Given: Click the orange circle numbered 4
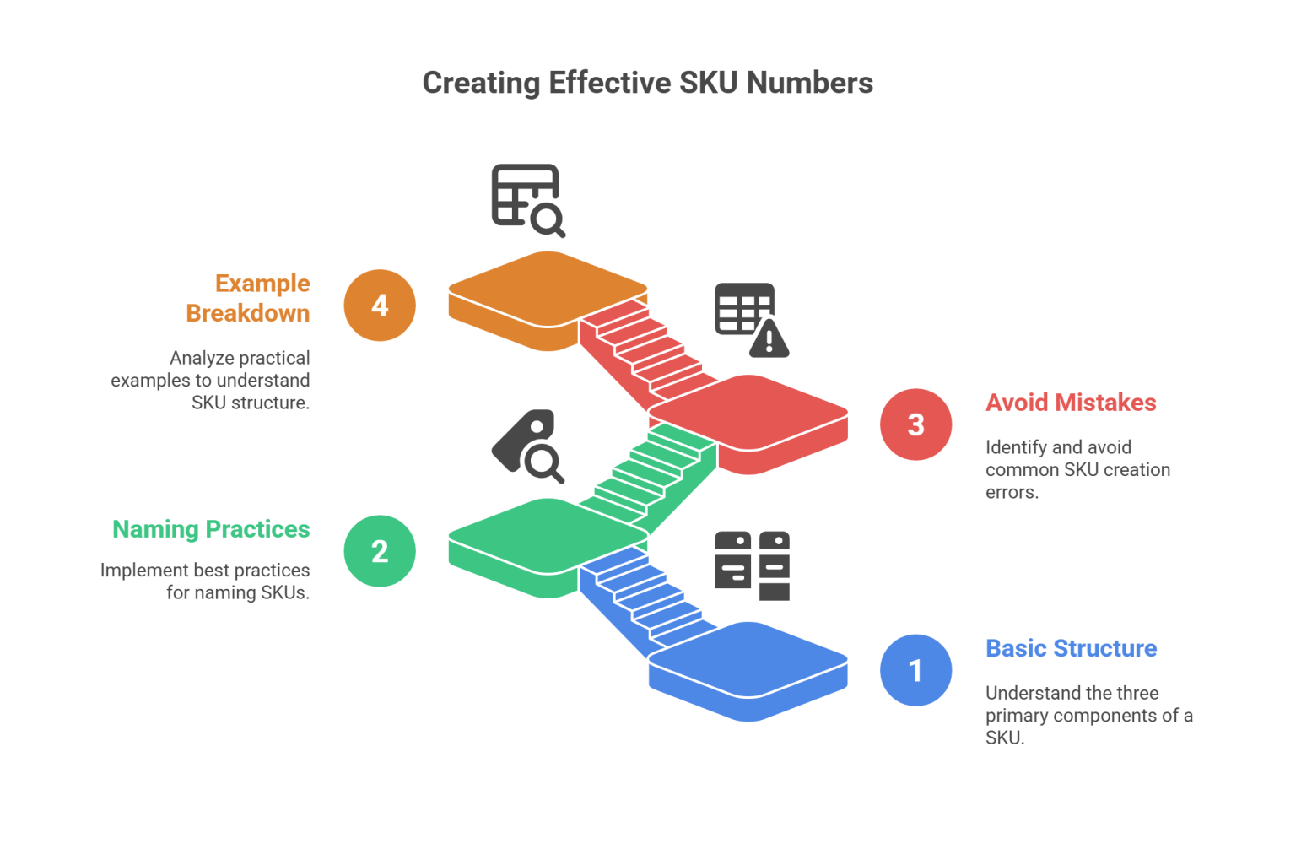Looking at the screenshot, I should click(380, 305).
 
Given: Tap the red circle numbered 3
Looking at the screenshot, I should click(915, 424).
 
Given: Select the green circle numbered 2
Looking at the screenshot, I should click(380, 551).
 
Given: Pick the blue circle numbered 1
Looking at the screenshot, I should click(915, 671).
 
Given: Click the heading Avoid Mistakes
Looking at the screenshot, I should click(1071, 403).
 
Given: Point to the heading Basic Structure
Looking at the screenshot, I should click(1071, 649).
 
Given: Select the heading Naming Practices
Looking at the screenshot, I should click(212, 529).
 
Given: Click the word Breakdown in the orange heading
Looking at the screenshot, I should click(248, 313).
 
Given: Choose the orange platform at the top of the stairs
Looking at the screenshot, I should click(540, 291).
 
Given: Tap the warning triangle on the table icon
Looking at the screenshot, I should click(768, 338).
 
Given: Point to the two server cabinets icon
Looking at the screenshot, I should click(752, 565).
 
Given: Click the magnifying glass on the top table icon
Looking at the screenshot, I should click(548, 221).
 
